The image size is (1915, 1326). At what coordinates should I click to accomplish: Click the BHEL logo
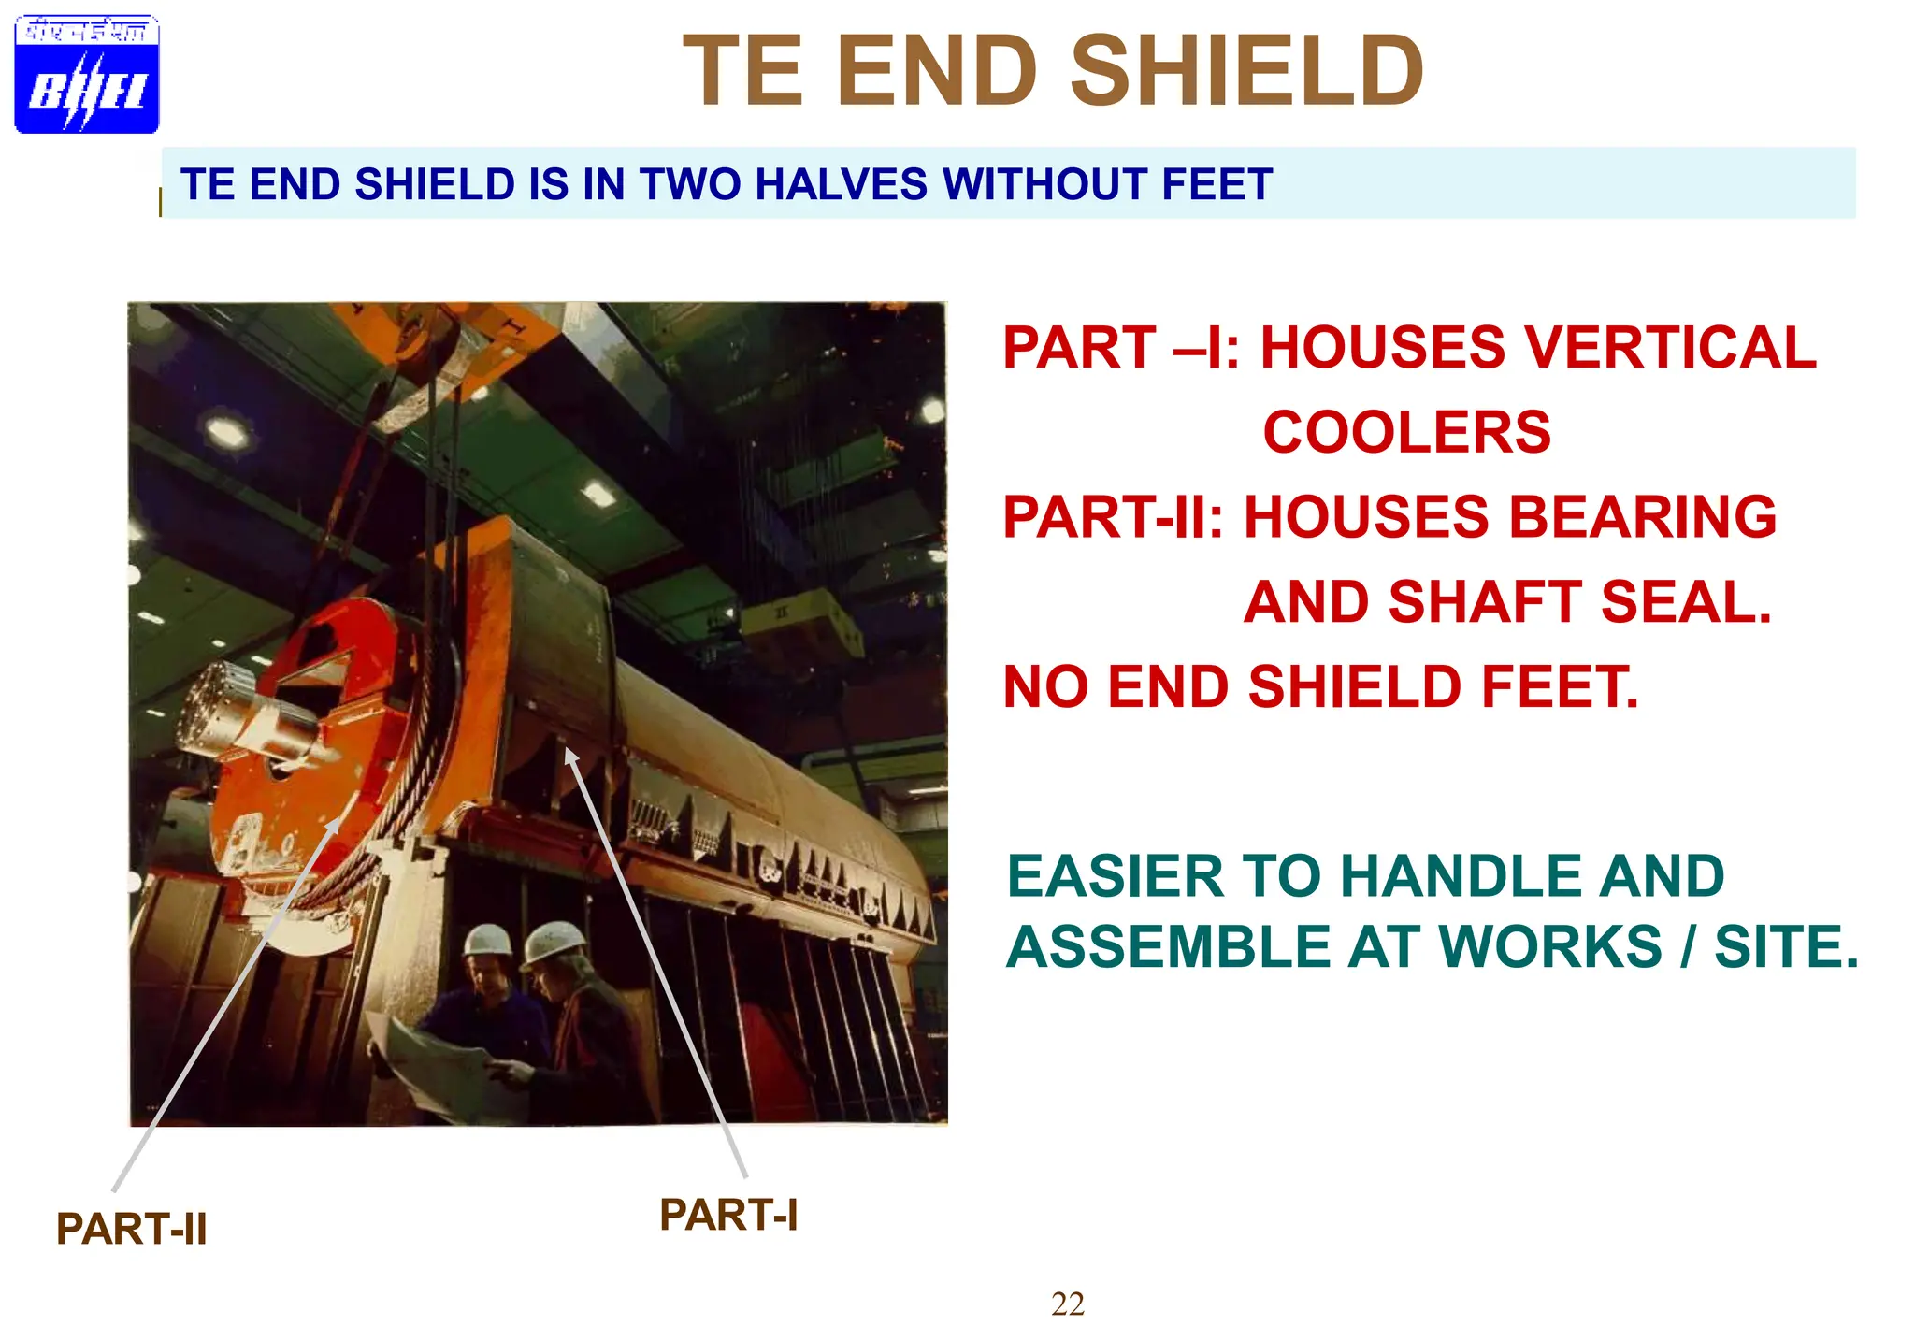[87, 75]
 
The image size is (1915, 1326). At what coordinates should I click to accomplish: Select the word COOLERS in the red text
[1406, 432]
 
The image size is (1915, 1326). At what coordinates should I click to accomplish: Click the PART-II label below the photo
[131, 1229]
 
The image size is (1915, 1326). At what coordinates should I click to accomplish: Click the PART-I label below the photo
[728, 1215]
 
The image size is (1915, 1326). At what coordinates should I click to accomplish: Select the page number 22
[1067, 1304]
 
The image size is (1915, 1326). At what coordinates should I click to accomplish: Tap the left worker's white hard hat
[487, 939]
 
